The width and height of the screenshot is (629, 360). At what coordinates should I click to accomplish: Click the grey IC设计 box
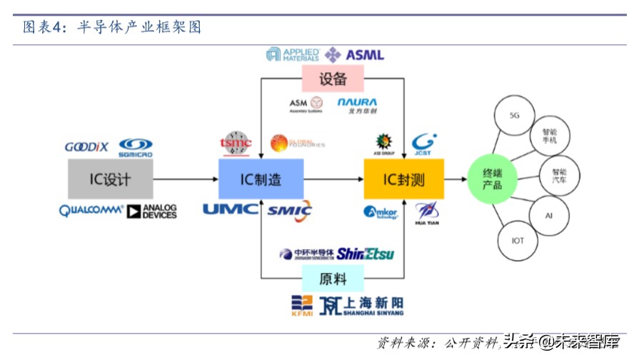(x=110, y=179)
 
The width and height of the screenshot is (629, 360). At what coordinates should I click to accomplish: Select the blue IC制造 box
(x=261, y=179)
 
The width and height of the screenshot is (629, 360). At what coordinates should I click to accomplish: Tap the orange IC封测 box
(x=404, y=179)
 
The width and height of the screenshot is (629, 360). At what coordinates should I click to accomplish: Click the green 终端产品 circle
(x=493, y=179)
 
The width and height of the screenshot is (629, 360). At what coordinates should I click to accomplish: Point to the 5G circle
(x=514, y=115)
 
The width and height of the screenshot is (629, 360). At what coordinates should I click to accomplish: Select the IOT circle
(x=517, y=241)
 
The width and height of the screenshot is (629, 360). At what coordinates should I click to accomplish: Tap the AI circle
(x=548, y=214)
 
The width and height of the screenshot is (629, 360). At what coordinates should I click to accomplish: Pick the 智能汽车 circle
(x=558, y=176)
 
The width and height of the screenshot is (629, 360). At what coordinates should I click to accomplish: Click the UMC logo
(x=230, y=209)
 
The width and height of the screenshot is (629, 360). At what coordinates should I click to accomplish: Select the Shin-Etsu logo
(x=365, y=254)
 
